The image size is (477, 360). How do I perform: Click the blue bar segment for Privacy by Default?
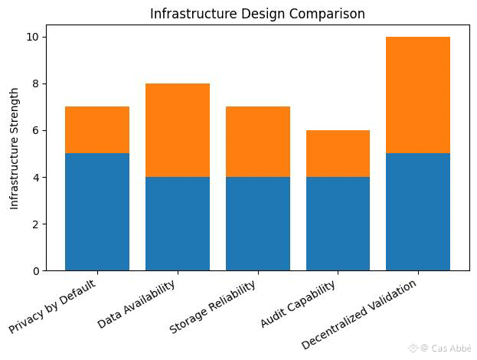(x=97, y=212)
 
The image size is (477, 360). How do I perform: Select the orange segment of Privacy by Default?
(x=97, y=130)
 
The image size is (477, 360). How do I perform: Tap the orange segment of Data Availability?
(x=178, y=130)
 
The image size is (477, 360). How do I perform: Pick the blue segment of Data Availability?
(x=178, y=224)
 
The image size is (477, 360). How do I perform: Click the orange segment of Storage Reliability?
(x=258, y=142)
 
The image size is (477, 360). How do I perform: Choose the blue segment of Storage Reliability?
(x=258, y=224)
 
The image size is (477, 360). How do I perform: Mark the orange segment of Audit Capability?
(x=338, y=153)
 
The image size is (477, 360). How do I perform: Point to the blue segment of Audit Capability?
(x=338, y=224)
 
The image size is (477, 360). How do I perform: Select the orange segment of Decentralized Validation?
(x=418, y=95)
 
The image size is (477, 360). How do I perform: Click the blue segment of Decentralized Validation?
(x=418, y=212)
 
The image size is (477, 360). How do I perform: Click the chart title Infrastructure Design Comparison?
(x=257, y=14)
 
